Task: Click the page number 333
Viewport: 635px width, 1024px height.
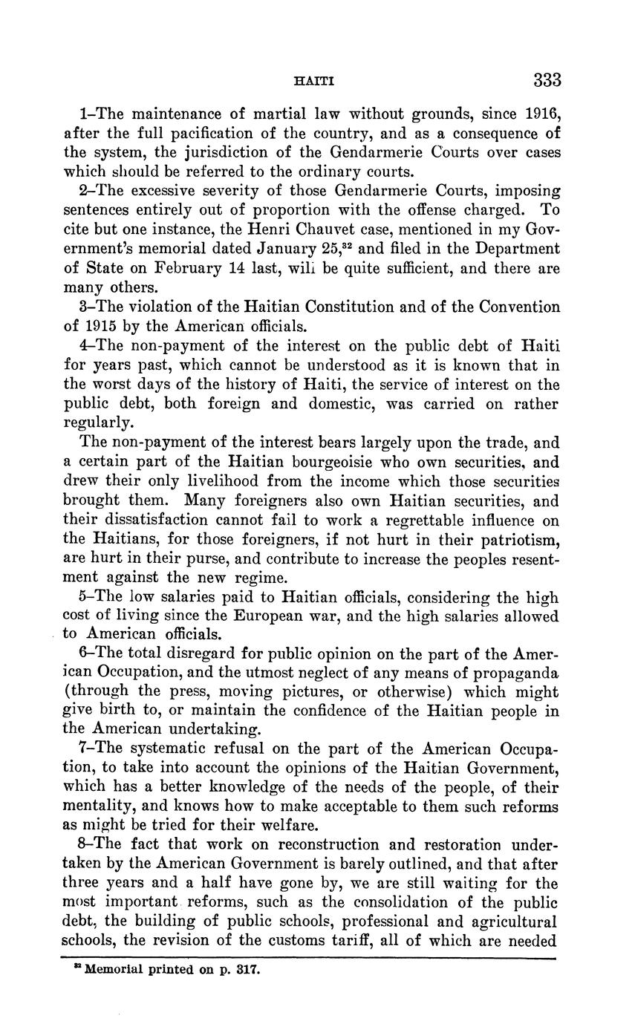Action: tap(546, 79)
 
